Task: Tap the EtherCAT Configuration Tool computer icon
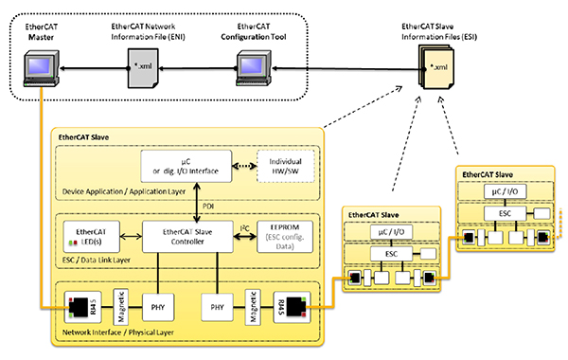coord(249,67)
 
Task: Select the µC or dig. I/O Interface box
coord(186,168)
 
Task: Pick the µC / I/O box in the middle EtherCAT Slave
coord(388,233)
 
